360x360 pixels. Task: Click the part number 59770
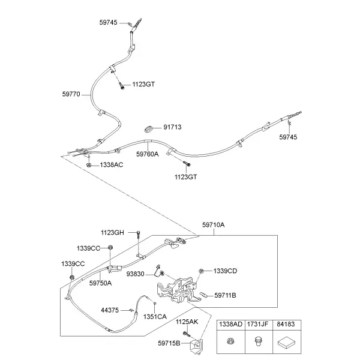71,94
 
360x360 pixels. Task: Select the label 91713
172,127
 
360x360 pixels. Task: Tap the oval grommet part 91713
149,129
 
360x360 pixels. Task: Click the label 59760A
148,154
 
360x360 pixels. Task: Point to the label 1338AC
112,165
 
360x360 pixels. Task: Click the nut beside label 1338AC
89,165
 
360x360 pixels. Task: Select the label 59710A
213,225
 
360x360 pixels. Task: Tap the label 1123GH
113,233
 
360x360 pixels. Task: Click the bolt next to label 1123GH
139,235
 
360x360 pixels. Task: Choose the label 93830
135,274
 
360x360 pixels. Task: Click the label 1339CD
225,271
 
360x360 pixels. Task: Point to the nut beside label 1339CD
201,271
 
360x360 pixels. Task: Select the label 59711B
225,295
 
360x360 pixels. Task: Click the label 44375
110,310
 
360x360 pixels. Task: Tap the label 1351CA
155,317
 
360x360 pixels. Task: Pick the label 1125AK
187,322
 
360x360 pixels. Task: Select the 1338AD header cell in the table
231,324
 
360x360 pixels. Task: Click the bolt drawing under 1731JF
258,341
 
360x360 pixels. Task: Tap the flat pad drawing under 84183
286,343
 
